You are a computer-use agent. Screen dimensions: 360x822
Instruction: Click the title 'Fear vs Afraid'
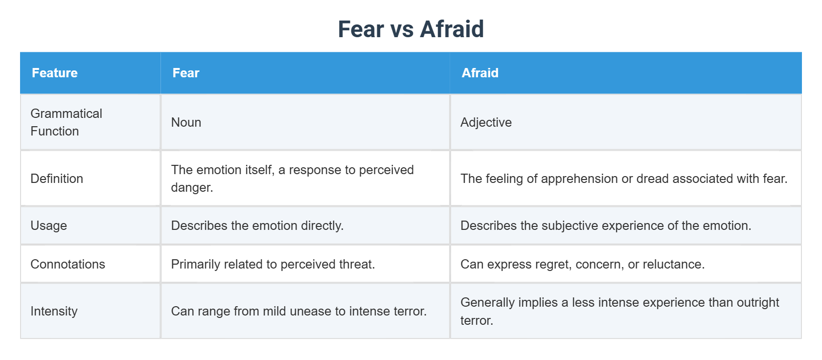(x=411, y=29)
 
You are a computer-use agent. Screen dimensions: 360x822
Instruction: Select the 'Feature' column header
(x=55, y=73)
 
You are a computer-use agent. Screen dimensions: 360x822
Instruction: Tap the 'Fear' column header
(x=186, y=73)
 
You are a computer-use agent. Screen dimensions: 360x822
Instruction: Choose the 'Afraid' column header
(x=480, y=73)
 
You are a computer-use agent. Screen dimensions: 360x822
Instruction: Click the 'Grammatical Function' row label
(x=66, y=122)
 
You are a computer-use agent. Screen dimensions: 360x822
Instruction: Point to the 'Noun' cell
(x=186, y=122)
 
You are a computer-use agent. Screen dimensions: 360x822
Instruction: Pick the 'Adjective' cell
(x=486, y=122)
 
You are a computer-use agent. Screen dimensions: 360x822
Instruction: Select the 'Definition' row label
(x=57, y=179)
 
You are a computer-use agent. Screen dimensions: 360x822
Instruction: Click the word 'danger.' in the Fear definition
(x=192, y=187)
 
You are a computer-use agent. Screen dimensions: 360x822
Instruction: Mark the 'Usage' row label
(x=48, y=225)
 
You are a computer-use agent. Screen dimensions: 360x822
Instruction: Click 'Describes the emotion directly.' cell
(x=257, y=225)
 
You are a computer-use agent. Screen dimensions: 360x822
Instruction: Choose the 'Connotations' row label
(x=68, y=264)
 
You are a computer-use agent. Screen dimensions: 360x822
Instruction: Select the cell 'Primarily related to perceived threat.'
(x=273, y=264)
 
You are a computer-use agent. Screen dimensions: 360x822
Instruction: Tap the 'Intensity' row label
(x=54, y=311)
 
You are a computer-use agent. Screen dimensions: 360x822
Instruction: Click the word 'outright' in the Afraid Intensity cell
(x=758, y=302)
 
